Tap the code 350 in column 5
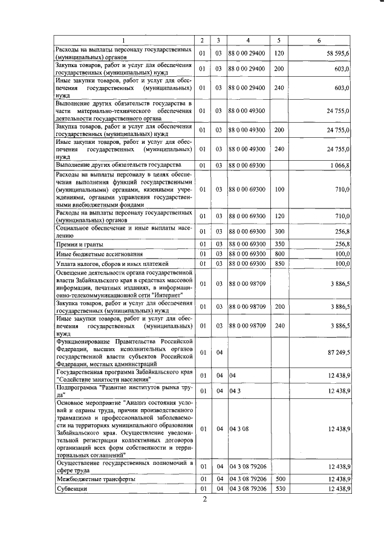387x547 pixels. (x=279, y=244)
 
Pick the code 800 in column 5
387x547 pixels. (x=279, y=254)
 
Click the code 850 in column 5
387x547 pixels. (x=279, y=264)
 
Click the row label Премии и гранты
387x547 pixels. (x=79, y=244)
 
